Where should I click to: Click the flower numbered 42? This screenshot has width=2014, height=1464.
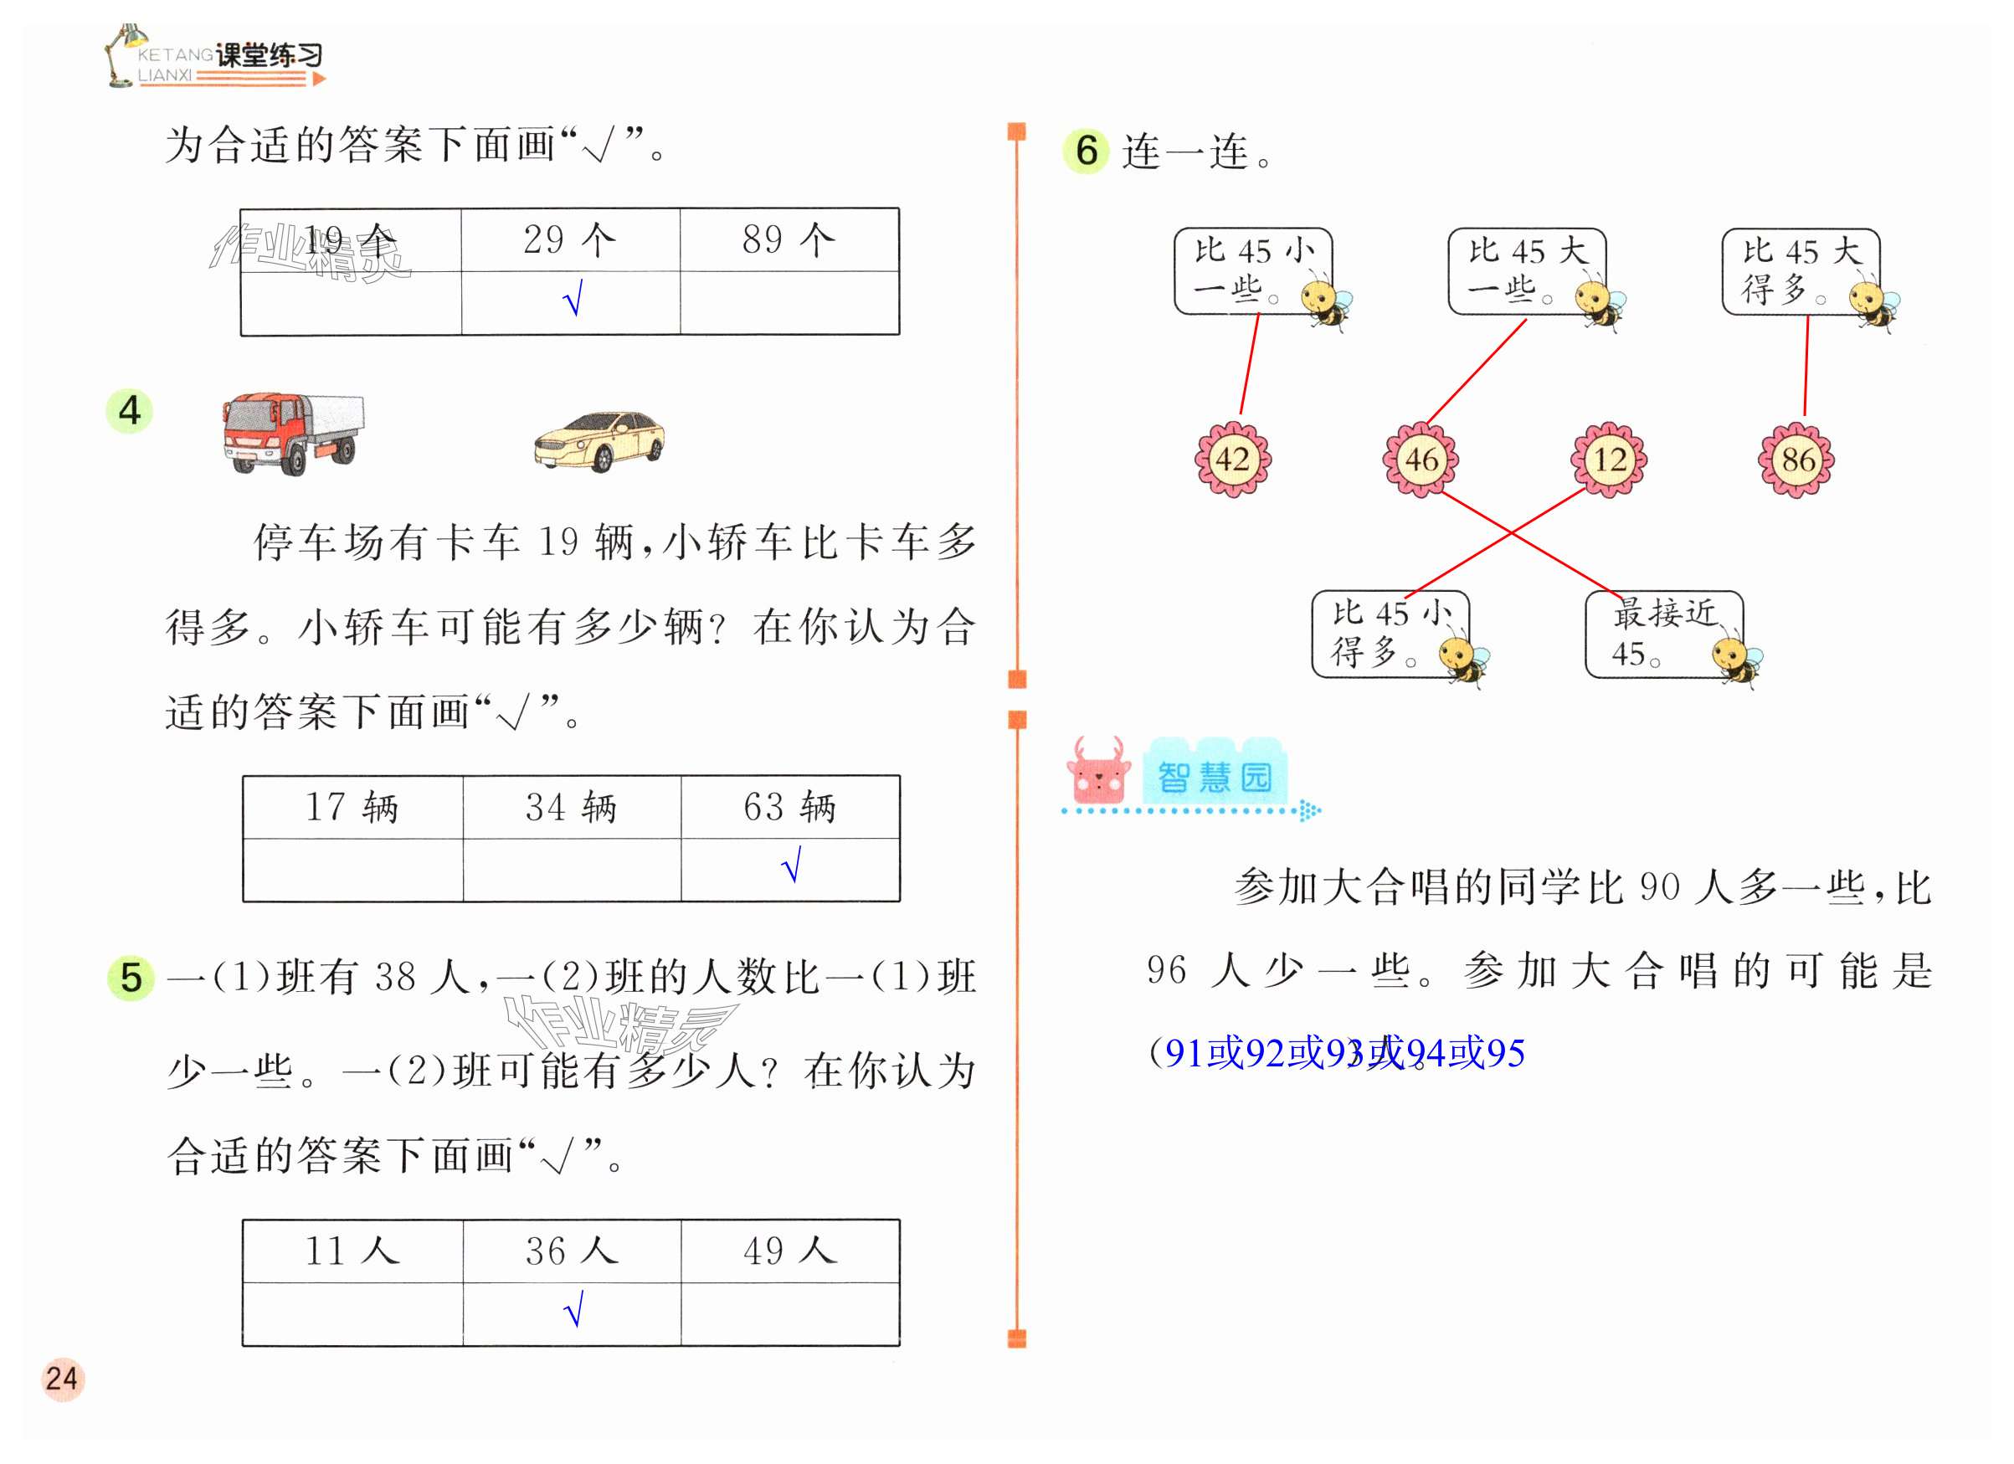pos(1232,459)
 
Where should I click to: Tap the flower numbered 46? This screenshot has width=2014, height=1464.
pos(1421,459)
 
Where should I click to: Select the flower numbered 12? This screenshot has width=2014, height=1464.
pos(1609,459)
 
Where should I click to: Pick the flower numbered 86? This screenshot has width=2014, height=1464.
pos(1797,459)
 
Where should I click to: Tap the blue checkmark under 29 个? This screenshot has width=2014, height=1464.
pos(573,298)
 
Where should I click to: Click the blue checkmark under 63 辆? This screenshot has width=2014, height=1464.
pos(792,864)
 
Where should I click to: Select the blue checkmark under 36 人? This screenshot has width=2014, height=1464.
pos(573,1309)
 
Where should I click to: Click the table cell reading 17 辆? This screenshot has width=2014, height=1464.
pos(352,807)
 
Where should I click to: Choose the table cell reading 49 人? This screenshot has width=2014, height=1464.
pos(790,1251)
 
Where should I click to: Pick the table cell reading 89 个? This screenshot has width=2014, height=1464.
pos(789,239)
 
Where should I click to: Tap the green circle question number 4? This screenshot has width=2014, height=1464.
pos(130,411)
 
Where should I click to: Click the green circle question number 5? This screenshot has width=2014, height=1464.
pos(131,978)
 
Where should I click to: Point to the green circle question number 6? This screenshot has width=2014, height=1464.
pos(1086,151)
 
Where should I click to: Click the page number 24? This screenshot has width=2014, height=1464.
pos(62,1379)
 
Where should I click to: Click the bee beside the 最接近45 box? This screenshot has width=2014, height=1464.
pos(1736,660)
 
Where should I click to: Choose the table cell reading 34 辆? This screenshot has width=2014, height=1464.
pos(571,807)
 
